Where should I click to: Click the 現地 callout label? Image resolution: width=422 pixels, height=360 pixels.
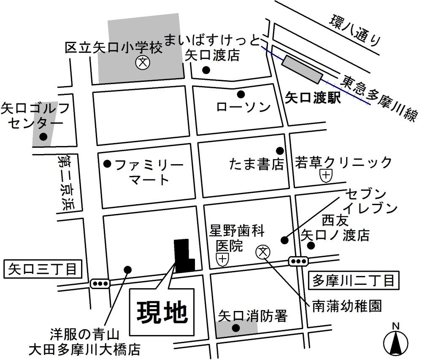click(162, 312)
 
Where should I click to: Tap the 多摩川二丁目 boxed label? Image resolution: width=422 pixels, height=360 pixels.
click(354, 280)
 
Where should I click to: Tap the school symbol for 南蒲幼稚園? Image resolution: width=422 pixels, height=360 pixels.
click(262, 252)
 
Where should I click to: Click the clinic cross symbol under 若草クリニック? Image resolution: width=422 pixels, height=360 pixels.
click(326, 175)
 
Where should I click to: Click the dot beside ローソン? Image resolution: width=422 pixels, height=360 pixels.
click(241, 94)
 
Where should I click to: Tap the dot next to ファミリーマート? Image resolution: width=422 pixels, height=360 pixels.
click(107, 163)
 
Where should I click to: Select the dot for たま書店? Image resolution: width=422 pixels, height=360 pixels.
click(279, 151)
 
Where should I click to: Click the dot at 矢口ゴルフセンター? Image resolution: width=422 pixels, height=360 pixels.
click(43, 137)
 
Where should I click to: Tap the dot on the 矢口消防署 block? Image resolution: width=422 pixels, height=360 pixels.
click(236, 328)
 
